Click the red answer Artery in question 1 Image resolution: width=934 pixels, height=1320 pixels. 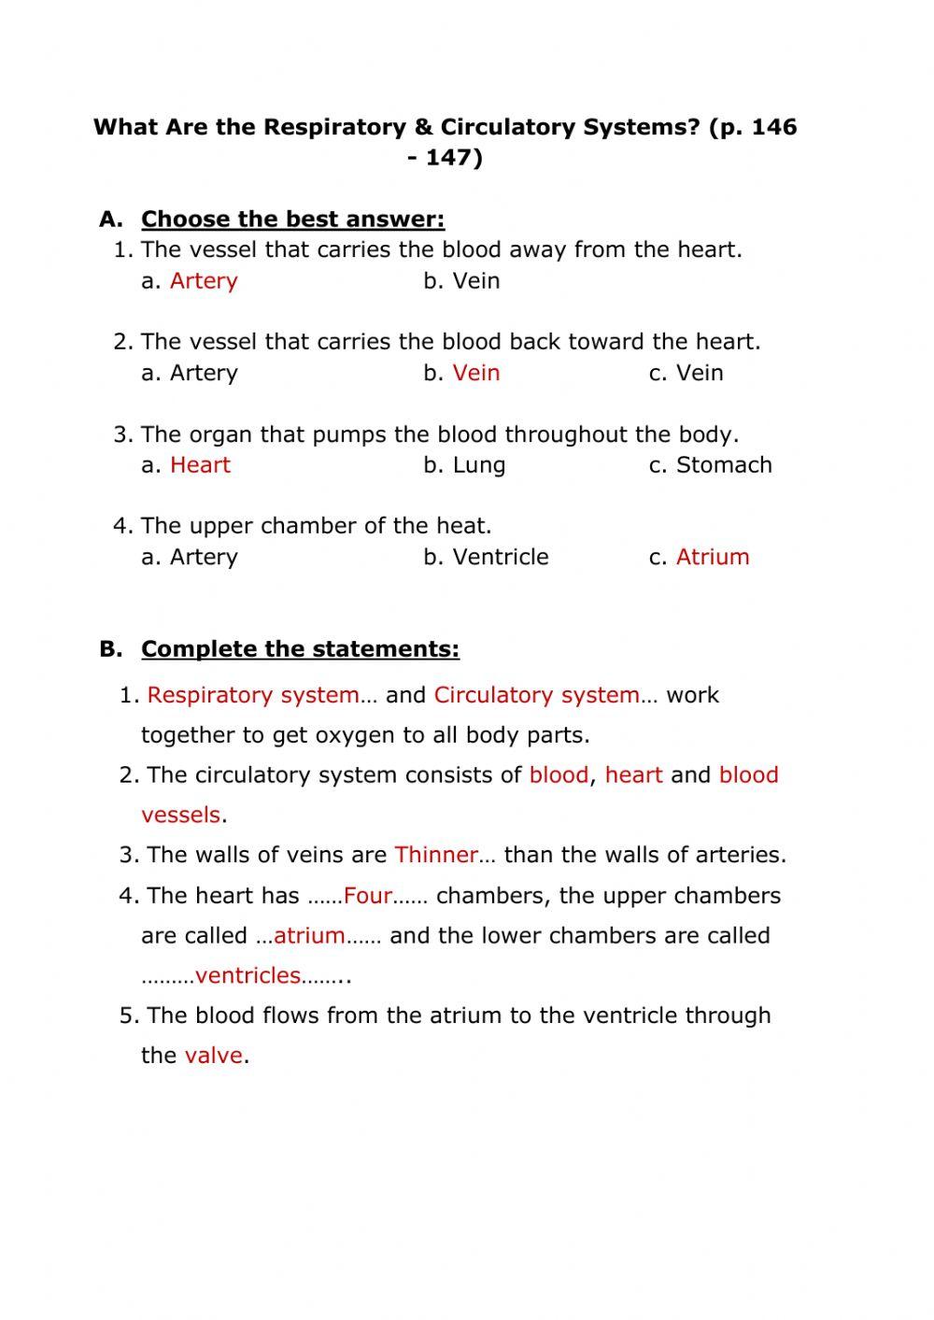(x=204, y=281)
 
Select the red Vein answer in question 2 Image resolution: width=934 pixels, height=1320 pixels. (x=476, y=373)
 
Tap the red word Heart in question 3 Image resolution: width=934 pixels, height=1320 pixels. (x=200, y=465)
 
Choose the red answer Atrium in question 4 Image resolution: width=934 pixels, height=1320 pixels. (x=713, y=557)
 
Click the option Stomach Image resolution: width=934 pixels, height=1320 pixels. (x=724, y=465)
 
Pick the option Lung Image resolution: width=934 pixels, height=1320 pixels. (x=478, y=465)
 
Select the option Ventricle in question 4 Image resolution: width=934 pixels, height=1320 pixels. (x=501, y=557)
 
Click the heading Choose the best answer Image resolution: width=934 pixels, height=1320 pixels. (x=292, y=220)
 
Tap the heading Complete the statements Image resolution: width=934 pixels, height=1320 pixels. (x=300, y=649)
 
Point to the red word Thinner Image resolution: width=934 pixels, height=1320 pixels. (x=436, y=855)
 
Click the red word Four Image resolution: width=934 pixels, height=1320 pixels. (x=367, y=896)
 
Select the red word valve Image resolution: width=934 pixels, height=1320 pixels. (x=213, y=1056)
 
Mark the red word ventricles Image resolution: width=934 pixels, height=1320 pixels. (x=248, y=975)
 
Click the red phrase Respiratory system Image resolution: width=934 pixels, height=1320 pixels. (x=252, y=695)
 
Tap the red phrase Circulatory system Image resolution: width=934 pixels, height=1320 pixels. (x=536, y=695)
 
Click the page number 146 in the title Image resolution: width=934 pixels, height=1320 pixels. (x=773, y=127)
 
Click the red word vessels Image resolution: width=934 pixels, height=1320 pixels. (x=180, y=815)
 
